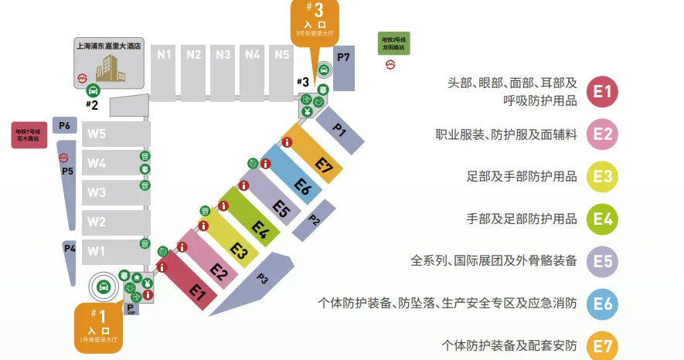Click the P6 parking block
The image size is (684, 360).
coord(65,126)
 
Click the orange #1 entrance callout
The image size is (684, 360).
coord(99,324)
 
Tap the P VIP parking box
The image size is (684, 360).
coord(131,309)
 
